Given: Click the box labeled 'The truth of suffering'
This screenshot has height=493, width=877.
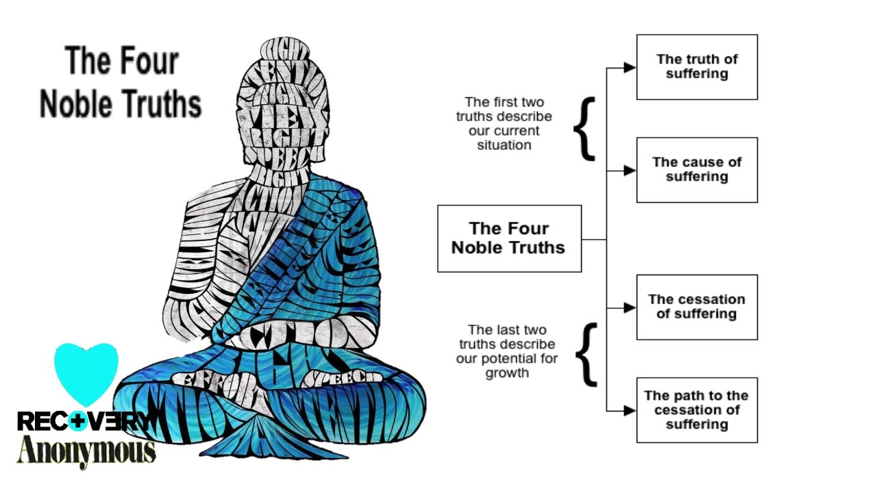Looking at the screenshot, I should [697, 66].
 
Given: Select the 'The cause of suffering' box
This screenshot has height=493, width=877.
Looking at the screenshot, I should [697, 170].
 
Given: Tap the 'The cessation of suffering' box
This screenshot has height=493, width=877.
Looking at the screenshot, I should [697, 307].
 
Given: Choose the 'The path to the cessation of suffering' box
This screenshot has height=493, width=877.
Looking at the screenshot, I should [697, 409].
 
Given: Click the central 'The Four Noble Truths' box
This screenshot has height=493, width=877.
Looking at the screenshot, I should [509, 238].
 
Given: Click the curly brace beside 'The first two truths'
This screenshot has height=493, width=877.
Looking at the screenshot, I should [584, 129].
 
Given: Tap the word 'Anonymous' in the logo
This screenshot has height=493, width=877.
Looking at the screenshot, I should [86, 451].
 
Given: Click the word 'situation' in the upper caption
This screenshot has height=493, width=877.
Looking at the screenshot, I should [504, 145].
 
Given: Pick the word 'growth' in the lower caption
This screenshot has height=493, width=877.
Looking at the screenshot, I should [507, 373].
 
